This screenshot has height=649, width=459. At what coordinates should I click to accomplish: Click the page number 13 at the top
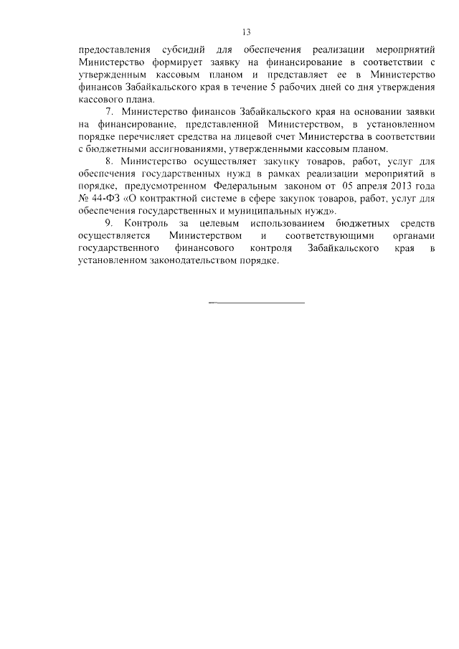click(245, 32)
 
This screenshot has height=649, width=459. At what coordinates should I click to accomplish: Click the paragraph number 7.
click(109, 114)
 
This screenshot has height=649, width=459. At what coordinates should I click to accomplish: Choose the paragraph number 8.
click(109, 163)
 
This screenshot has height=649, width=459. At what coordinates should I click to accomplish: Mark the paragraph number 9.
click(109, 224)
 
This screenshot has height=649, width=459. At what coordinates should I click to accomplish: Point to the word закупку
click(262, 163)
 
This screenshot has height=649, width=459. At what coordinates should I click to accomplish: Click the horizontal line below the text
click(257, 303)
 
